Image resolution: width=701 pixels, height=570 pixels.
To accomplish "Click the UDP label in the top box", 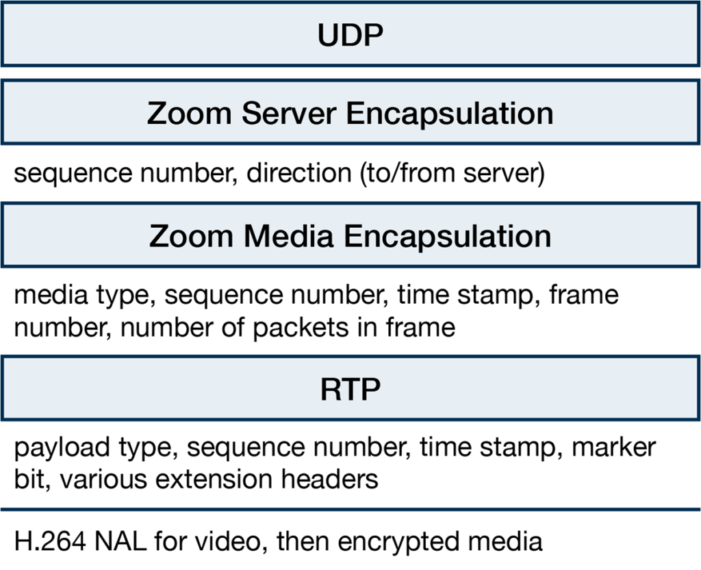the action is click(350, 35).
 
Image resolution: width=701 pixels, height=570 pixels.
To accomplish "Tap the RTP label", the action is click(350, 389).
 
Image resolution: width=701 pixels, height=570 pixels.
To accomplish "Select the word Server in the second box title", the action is click(289, 113).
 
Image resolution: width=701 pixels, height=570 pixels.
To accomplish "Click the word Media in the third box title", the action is click(289, 236).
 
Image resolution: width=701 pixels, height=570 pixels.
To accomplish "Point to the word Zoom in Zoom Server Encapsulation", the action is click(189, 113).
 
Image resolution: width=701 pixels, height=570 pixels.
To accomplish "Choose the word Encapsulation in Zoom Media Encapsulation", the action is click(448, 237).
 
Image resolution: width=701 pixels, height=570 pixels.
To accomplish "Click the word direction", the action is click(299, 172).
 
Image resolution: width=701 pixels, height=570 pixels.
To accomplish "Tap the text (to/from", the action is click(408, 173).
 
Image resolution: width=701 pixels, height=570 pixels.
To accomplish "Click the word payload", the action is click(62, 447).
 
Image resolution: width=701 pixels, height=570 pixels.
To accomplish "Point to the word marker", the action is click(614, 447).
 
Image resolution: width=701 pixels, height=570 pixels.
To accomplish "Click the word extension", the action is click(214, 480).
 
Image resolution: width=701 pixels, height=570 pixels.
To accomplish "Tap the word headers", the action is click(330, 479).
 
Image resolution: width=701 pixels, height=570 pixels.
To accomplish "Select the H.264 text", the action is click(49, 541).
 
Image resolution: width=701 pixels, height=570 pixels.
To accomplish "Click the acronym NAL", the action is click(120, 541).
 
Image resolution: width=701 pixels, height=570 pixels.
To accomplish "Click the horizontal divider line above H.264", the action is click(350, 509).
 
